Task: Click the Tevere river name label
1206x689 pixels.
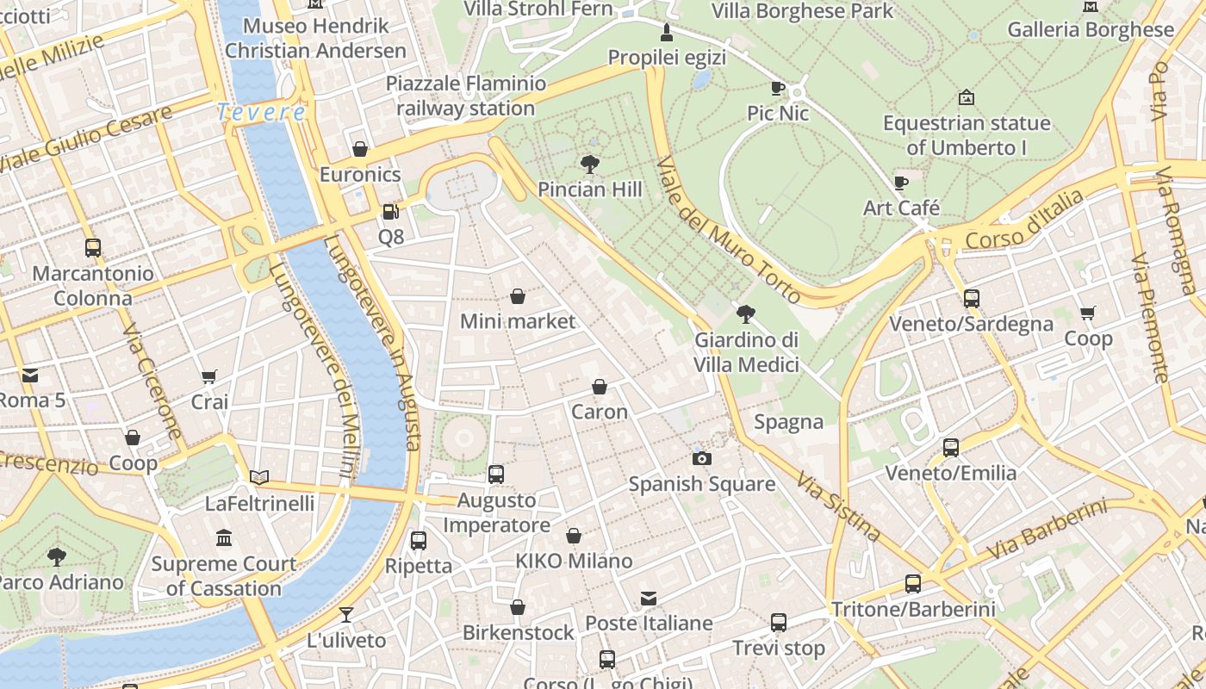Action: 261,112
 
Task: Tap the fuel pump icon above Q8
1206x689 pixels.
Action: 390,211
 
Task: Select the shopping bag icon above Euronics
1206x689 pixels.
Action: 360,149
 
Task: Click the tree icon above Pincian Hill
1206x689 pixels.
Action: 590,164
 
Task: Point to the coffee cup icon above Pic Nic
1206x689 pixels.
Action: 778,88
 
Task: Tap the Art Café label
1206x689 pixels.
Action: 901,208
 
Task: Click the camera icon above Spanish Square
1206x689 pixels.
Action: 702,458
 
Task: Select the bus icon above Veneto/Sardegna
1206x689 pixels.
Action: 972,299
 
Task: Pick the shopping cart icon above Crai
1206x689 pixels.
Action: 208,376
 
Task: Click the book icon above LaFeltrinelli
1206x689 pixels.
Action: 259,477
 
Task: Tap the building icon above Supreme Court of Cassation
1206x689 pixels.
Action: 224,538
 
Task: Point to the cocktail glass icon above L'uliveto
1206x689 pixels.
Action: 346,615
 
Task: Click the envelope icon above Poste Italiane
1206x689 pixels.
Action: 649,598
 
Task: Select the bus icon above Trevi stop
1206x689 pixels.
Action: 779,622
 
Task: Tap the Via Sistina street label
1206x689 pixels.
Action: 838,506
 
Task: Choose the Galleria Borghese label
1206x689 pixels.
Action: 1091,29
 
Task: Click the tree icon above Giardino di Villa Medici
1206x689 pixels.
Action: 746,314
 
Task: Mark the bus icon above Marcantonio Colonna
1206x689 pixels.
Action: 93,248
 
